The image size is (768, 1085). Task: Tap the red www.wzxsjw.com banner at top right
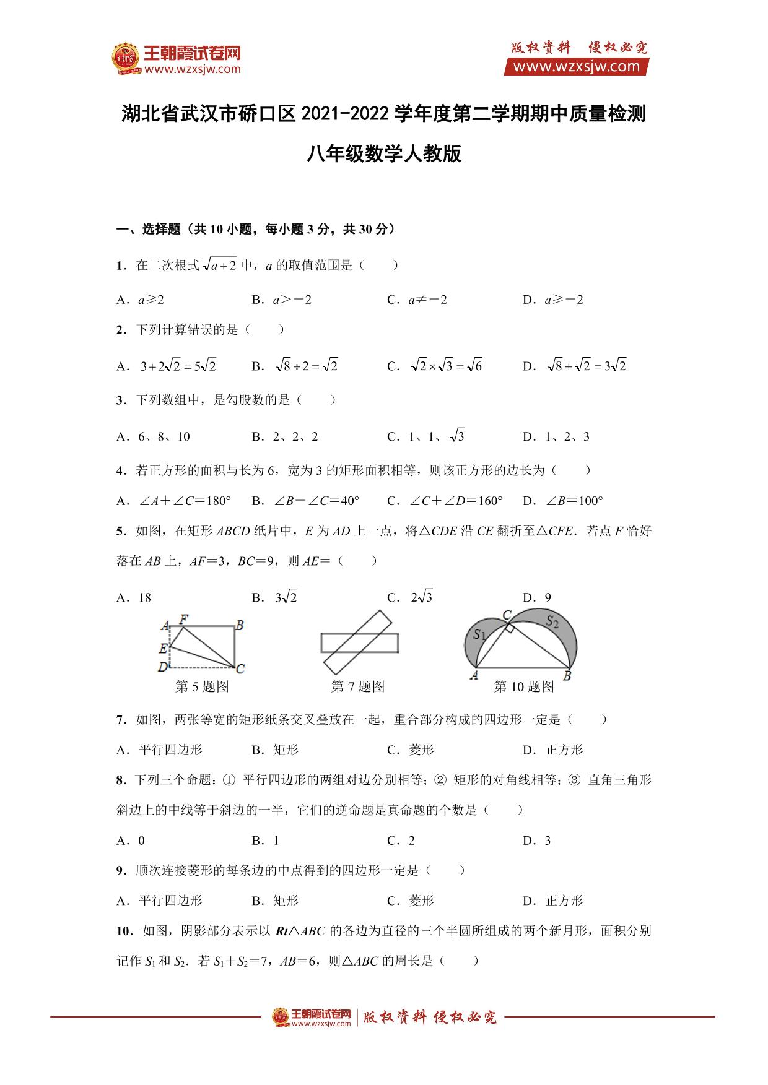[576, 67]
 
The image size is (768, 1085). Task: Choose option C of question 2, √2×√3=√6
[445, 366]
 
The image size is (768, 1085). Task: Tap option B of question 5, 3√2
[286, 597]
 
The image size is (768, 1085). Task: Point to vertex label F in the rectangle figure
[184, 618]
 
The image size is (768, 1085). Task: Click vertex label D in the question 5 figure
[162, 667]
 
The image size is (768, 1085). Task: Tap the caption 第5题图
[203, 686]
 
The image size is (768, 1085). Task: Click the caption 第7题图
[358, 686]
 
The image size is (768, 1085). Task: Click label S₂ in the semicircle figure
[552, 621]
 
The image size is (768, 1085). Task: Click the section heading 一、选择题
[149, 230]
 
